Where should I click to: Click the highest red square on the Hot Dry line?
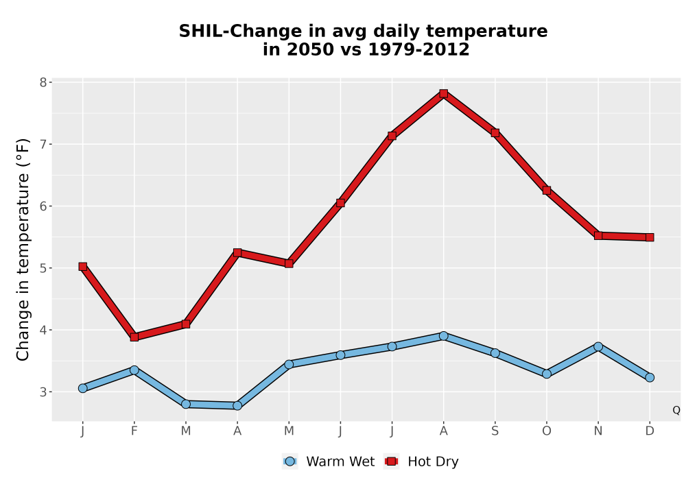444,93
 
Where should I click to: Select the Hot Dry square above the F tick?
134,337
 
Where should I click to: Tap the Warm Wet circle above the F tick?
134,370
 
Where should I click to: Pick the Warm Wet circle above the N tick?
598,347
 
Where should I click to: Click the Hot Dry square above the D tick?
650,237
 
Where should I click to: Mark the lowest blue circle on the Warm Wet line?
237,406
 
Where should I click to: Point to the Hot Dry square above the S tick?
495,133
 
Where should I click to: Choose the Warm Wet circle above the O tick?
547,374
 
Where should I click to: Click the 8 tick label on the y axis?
43,82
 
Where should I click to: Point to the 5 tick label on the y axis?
43,268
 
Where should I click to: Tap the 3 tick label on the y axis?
43,392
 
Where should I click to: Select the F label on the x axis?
134,431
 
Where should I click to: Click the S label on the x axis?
495,431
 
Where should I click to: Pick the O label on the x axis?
547,431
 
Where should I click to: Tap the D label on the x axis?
650,431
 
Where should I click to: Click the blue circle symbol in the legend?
289,461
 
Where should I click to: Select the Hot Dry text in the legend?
433,461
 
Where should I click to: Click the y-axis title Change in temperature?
23,250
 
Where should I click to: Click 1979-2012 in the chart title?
418,49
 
